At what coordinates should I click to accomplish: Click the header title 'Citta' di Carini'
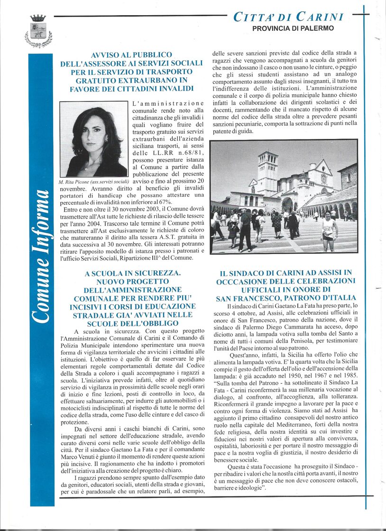(x=288, y=17)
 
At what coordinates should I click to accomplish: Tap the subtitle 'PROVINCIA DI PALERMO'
(x=293, y=28)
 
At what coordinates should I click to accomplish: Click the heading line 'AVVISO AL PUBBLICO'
(x=131, y=55)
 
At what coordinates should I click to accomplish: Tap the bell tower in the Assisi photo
(x=267, y=173)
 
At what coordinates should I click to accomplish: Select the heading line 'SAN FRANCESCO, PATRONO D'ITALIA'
(x=286, y=298)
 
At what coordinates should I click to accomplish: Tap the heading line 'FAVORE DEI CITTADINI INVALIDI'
(x=131, y=88)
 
